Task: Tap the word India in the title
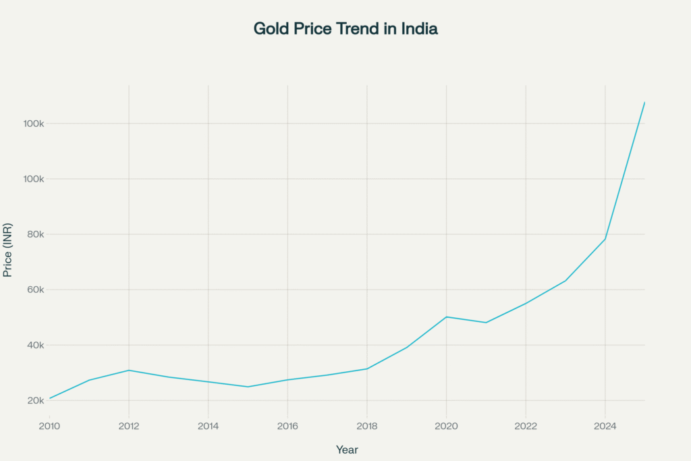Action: pos(420,29)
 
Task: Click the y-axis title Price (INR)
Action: pos(7,250)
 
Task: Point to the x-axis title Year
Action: pos(347,450)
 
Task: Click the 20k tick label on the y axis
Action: pos(34,400)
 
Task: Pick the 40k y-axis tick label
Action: pos(34,345)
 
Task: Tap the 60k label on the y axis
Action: pos(34,290)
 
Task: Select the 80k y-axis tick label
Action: pos(34,234)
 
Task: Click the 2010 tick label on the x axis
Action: pos(49,426)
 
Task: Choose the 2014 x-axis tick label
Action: pos(208,426)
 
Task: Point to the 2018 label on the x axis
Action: pos(366,426)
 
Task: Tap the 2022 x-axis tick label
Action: pos(526,426)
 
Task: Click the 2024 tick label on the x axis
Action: pos(605,426)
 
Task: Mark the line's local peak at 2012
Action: pos(129,370)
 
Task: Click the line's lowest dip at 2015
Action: pos(248,387)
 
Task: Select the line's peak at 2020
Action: pos(446,317)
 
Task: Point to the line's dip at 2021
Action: pos(486,323)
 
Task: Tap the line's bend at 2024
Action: pos(605,239)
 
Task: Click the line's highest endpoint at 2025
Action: pos(644,102)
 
